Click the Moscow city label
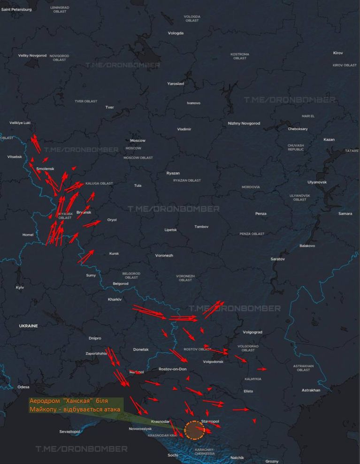pos(138,141)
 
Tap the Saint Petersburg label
pos(16,9)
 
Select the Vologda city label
pos(176,33)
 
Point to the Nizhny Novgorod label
pos(244,123)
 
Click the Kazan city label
pos(329,140)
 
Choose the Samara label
pos(345,214)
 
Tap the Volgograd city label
pos(253,332)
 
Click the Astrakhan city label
pos(311,390)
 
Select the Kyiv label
pos(20,288)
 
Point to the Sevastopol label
pos(69,431)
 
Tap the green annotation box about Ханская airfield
pos(75,405)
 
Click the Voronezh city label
pos(164,256)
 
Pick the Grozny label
pos(272,461)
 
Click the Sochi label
pos(173,455)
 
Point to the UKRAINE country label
pos(28,326)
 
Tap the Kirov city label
pos(338,53)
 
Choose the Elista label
pos(248,391)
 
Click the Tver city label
pos(109,107)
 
